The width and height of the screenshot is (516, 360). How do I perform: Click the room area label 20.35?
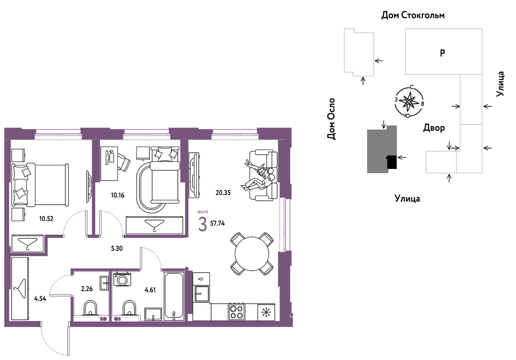point(223,192)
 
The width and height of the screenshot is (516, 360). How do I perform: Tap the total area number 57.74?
point(217,223)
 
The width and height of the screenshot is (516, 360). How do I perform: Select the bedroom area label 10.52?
point(46,218)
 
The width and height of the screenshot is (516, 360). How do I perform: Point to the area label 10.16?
point(117,195)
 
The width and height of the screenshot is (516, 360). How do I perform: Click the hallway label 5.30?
point(117,248)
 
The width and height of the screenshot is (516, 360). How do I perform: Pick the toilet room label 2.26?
point(87,289)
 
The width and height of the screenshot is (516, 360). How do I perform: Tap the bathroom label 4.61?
point(150,290)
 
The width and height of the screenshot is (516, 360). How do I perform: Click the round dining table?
point(252,254)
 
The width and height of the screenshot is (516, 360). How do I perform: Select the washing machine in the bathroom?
point(122,279)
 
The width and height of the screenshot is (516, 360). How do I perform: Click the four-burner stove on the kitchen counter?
point(236,312)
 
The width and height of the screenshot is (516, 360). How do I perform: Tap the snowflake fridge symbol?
point(266,312)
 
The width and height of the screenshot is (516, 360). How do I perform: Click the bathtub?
point(174,296)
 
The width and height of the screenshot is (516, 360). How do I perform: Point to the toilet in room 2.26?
point(90,308)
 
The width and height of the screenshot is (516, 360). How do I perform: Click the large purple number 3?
point(202,224)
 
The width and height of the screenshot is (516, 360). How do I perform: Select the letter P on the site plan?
point(443,53)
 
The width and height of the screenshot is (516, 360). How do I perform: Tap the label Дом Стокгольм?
point(413,15)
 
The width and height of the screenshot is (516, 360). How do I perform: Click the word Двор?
point(434,128)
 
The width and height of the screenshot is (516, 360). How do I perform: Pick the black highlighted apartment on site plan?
point(392,162)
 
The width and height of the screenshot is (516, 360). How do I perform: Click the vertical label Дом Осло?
point(331,119)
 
